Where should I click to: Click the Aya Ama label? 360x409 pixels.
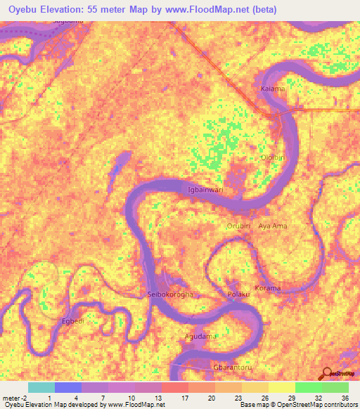(274, 226)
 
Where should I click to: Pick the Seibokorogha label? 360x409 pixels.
(169, 294)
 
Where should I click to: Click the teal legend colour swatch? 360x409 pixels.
(41, 387)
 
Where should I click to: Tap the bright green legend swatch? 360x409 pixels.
(308, 387)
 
